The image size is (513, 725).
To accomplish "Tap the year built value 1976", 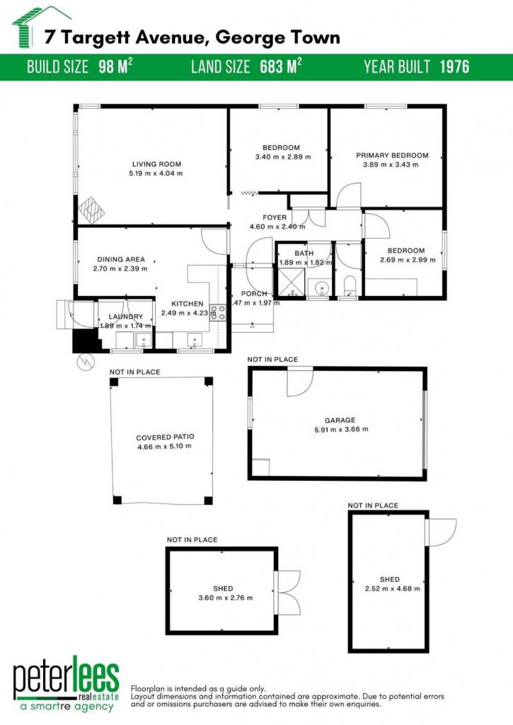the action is point(454,67).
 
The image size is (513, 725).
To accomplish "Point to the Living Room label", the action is point(156,164).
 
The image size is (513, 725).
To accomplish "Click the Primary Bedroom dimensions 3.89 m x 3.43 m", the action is point(391,164).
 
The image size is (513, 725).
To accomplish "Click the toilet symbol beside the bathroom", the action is point(350,285).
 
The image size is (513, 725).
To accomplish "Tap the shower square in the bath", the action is point(291,283).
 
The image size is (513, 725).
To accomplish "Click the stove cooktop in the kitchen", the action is point(218,312).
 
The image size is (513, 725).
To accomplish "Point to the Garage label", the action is point(340,421).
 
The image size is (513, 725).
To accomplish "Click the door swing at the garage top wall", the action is point(299,382).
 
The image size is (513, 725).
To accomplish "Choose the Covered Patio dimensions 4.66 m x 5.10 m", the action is point(165,447).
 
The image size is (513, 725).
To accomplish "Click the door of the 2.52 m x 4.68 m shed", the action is point(440,532).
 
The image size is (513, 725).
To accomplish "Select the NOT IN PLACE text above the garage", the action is point(272,359).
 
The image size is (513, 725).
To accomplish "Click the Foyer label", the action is point(275,217).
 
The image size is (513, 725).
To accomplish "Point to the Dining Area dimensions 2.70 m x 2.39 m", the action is point(120,268).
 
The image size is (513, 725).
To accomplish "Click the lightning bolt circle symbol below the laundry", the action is point(86,362).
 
